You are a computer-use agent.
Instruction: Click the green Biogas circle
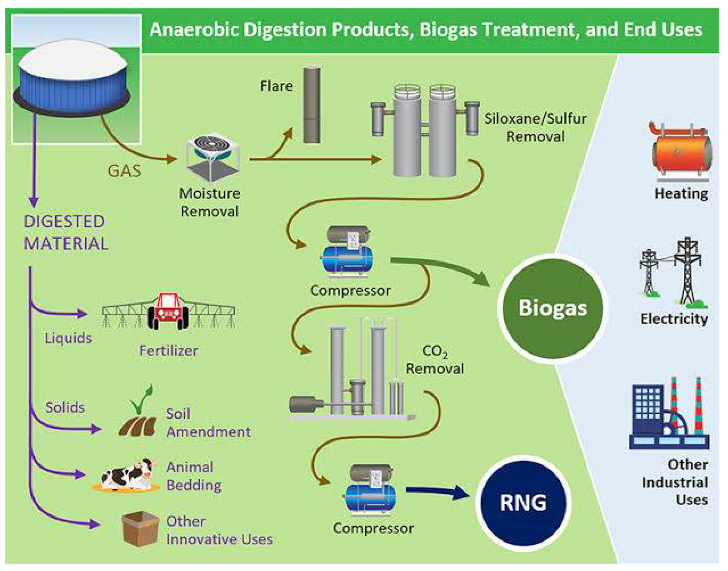tap(553, 308)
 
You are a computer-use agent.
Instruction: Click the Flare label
tap(277, 86)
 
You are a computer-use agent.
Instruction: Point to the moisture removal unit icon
tap(213, 158)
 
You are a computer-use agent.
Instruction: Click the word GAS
tap(124, 171)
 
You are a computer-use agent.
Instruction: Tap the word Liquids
tap(68, 338)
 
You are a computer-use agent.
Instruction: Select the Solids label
tap(65, 407)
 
